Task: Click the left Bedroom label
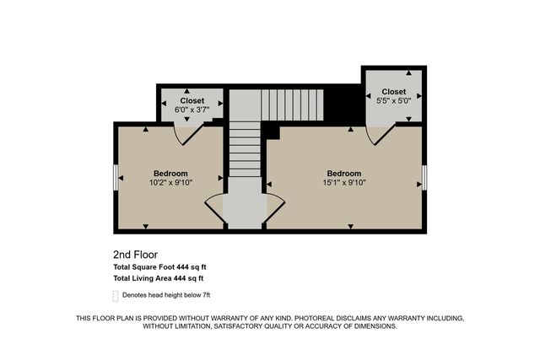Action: (171, 173)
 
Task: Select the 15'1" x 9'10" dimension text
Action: (344, 182)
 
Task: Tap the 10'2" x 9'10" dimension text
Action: (171, 182)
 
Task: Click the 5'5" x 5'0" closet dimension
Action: (393, 101)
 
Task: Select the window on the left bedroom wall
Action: (116, 178)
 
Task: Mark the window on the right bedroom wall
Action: (424, 178)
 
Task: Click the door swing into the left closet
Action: (184, 132)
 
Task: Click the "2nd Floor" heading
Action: (135, 254)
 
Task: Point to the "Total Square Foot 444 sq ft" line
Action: (159, 266)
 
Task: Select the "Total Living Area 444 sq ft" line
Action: (158, 277)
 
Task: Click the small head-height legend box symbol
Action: (116, 295)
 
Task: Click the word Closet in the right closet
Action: (393, 91)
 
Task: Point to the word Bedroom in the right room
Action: (344, 173)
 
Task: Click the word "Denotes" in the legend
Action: (138, 295)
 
